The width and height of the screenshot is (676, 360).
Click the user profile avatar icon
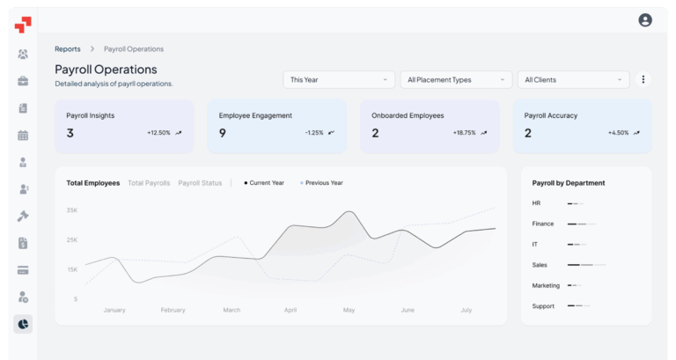click(x=645, y=20)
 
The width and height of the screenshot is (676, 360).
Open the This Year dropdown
click(x=339, y=80)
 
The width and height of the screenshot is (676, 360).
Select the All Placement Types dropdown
click(x=455, y=80)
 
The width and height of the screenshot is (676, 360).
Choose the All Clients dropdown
click(x=573, y=80)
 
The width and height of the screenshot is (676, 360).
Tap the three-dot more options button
click(x=643, y=80)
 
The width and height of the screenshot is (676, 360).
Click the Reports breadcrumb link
click(x=68, y=49)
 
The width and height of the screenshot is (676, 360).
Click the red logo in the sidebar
click(x=23, y=24)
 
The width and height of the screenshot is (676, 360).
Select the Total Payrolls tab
click(x=149, y=183)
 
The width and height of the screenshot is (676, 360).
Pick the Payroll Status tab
click(x=200, y=183)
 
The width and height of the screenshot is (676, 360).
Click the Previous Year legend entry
click(x=322, y=183)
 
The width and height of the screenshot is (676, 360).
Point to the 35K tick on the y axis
click(x=72, y=210)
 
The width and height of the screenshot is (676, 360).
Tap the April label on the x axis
click(x=290, y=310)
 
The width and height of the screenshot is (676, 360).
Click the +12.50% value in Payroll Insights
click(x=158, y=133)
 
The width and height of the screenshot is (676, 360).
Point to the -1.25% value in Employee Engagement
click(x=314, y=133)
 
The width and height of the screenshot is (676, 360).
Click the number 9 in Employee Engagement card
click(x=223, y=133)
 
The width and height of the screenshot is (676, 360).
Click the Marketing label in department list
click(x=546, y=285)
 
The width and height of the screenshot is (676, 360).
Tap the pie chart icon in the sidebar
click(x=23, y=324)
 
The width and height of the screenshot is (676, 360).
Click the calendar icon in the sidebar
click(x=23, y=136)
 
